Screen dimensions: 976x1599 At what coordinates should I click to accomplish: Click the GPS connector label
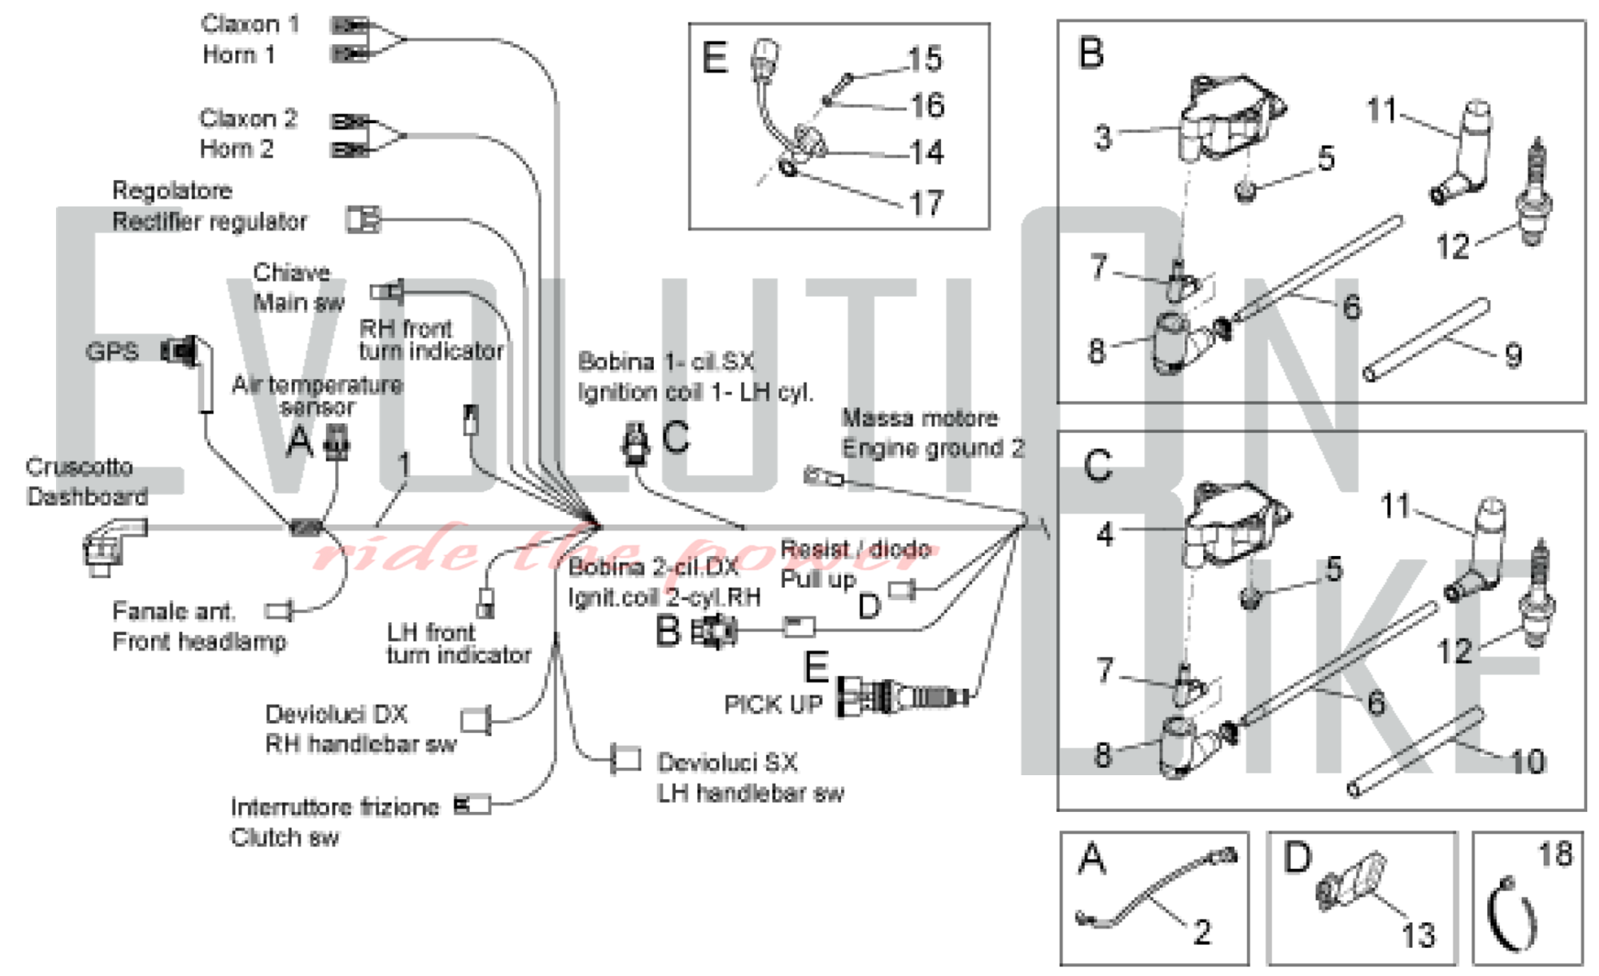click(x=112, y=351)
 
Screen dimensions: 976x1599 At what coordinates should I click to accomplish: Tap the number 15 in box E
click(x=925, y=59)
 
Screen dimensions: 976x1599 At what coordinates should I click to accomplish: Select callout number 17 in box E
click(x=927, y=203)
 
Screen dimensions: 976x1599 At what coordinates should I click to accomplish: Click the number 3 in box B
click(x=1103, y=138)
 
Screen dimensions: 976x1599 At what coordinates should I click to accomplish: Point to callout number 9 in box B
click(x=1513, y=355)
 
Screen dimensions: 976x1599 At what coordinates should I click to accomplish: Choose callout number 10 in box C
click(x=1527, y=762)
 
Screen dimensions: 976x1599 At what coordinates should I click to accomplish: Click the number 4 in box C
click(x=1105, y=534)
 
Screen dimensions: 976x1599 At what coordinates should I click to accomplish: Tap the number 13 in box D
click(x=1418, y=934)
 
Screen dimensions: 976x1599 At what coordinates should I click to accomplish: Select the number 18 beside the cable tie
click(x=1555, y=854)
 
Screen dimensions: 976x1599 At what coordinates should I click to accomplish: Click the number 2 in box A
click(x=1202, y=932)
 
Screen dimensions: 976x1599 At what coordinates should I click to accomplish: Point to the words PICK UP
click(x=773, y=705)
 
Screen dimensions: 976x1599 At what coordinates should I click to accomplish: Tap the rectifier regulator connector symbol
click(x=363, y=219)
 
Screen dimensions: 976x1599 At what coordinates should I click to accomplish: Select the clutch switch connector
click(x=473, y=804)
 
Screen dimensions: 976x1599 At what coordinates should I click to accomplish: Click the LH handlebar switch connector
click(x=625, y=758)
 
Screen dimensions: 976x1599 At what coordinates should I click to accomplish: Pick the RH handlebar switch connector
click(x=477, y=719)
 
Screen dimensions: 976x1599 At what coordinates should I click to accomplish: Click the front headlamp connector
click(x=280, y=611)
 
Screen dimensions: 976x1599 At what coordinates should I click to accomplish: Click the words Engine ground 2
click(x=932, y=448)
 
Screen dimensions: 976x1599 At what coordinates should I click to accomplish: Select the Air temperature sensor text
click(x=317, y=395)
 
